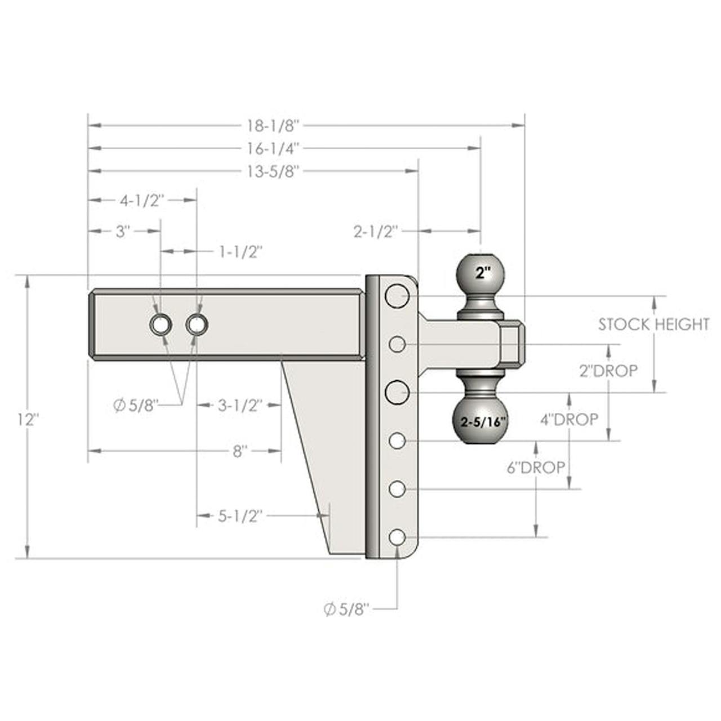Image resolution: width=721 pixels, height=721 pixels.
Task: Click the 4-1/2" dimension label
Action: [142, 201]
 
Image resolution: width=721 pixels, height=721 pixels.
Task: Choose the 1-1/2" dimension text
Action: [240, 252]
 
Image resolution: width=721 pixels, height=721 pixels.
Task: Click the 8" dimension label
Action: [240, 451]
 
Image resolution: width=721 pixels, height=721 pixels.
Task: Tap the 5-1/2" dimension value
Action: [239, 517]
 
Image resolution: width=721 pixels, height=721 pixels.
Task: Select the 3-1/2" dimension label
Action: [240, 405]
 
